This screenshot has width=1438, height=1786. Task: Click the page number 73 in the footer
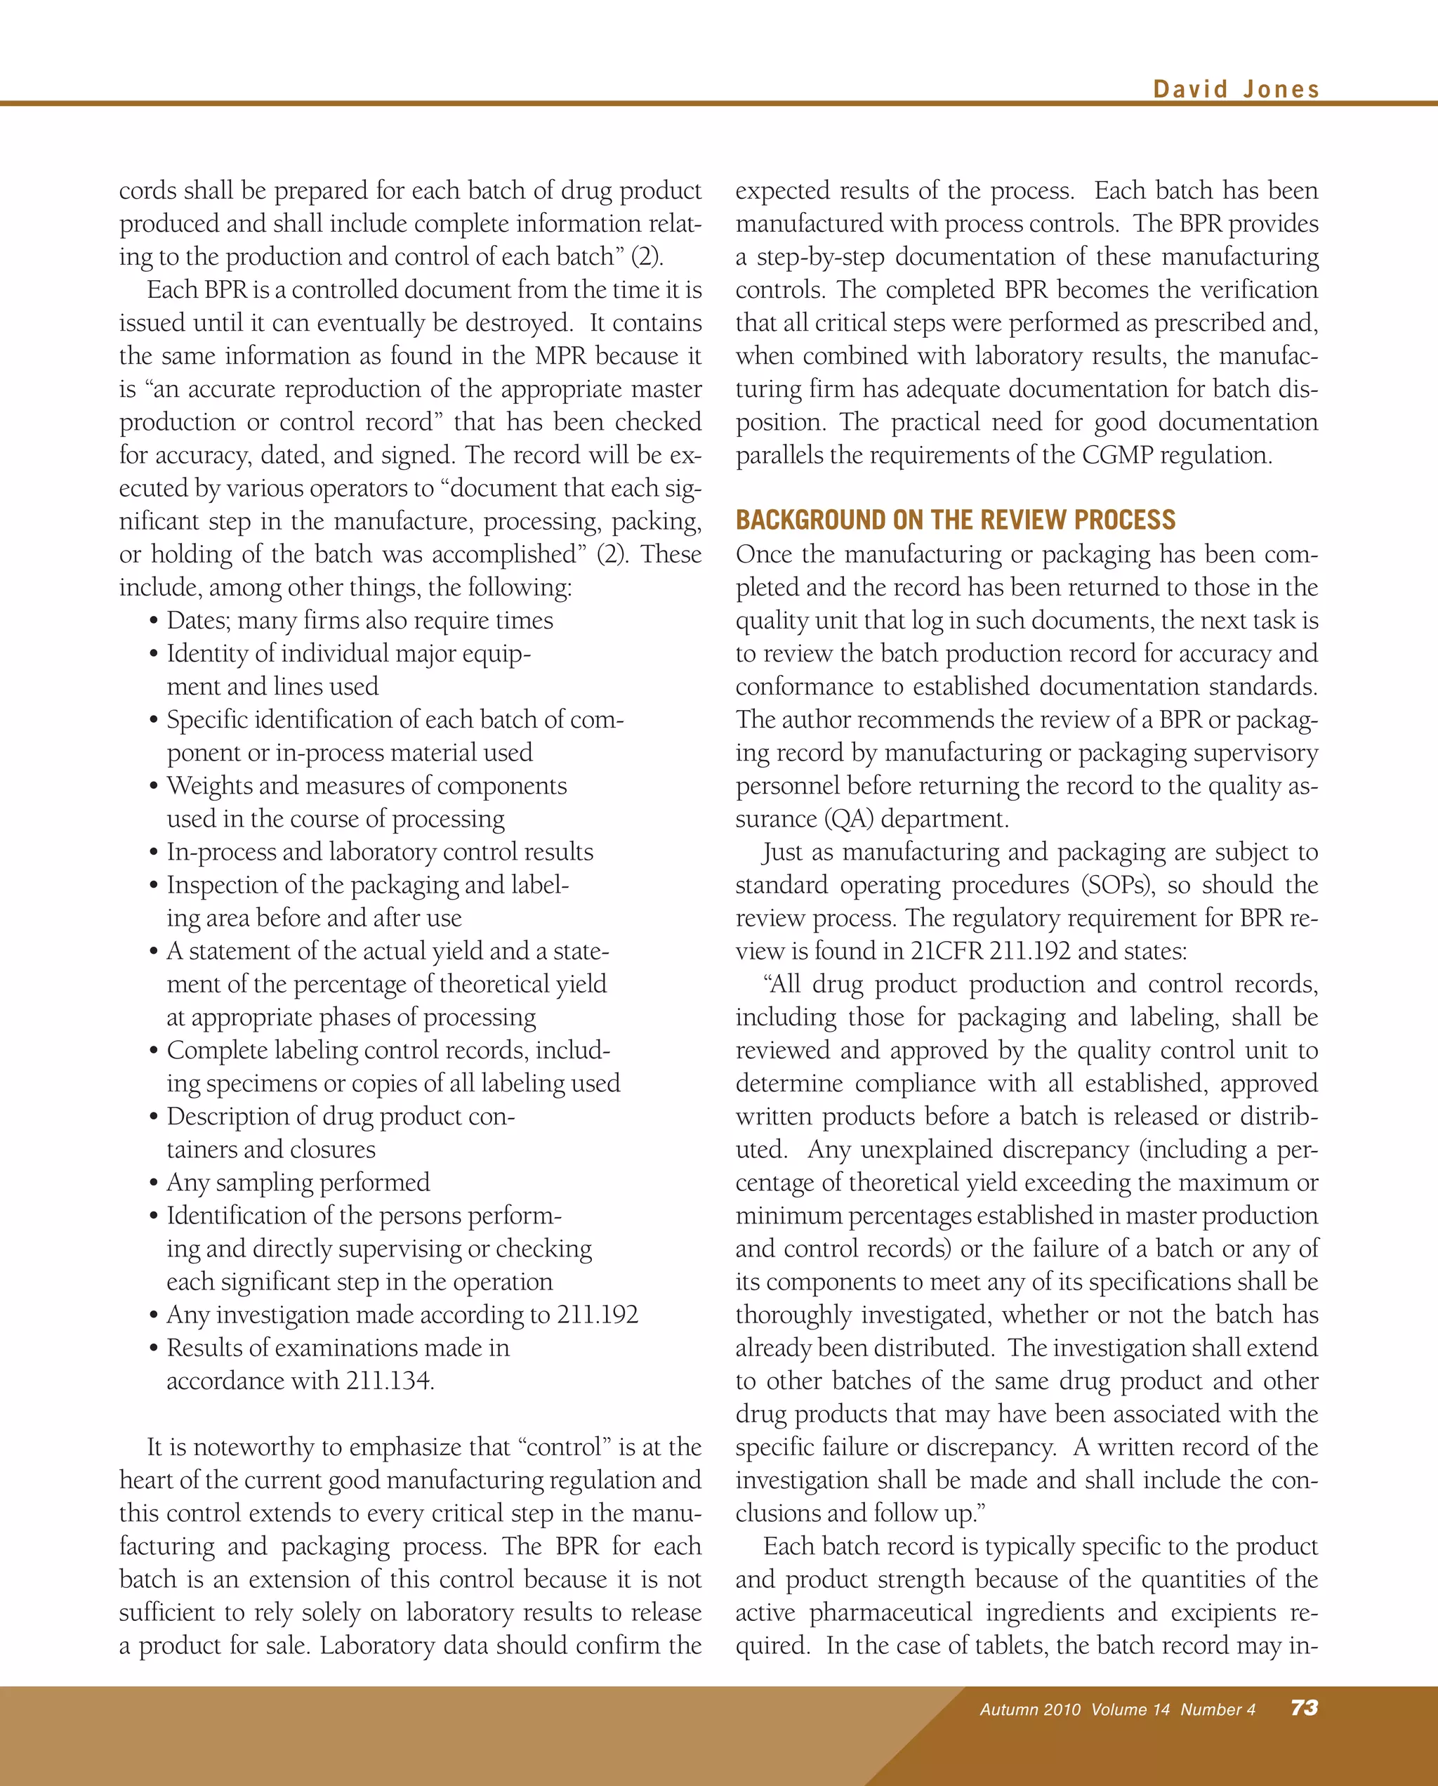coord(1304,1707)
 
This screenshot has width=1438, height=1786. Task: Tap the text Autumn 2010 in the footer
coord(1029,1709)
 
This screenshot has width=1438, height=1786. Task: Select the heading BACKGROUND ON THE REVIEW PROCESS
coord(955,520)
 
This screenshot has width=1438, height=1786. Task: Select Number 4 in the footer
coord(1218,1709)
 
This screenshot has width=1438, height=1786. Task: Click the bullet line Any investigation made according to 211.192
coord(402,1314)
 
